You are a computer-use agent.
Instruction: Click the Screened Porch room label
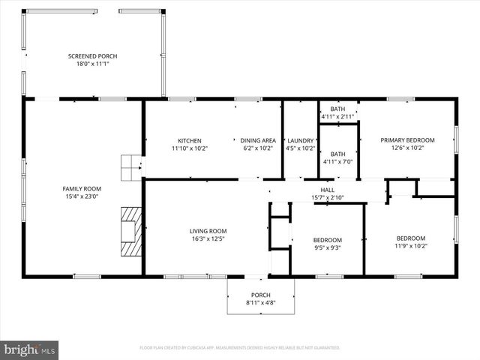click(92, 56)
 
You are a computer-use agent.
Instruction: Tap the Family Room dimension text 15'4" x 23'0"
click(82, 196)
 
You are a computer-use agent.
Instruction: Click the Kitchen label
click(190, 140)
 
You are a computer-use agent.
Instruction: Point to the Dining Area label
click(258, 140)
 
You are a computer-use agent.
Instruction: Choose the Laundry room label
click(301, 140)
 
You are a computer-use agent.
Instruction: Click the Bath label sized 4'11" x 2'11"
click(338, 109)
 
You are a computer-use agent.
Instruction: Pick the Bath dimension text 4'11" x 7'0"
click(338, 162)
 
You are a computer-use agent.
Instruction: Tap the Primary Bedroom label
click(407, 140)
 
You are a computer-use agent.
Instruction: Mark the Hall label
click(328, 190)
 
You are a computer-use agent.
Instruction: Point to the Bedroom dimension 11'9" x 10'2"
click(410, 246)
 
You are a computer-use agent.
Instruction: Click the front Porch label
click(261, 295)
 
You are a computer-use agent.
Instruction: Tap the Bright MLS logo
click(31, 349)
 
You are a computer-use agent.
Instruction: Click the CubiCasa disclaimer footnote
click(240, 348)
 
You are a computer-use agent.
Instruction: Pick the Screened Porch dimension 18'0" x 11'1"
click(92, 64)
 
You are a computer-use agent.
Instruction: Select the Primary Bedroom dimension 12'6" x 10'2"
click(407, 148)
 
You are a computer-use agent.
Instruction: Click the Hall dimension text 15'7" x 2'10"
click(328, 198)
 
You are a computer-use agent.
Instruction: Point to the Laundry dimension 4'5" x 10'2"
click(301, 148)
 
